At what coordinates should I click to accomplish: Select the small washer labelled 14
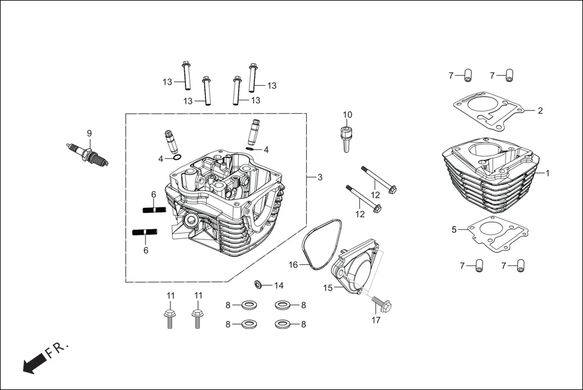point(259,284)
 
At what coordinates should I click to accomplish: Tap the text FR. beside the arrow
point(59,349)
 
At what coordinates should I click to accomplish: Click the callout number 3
point(320,177)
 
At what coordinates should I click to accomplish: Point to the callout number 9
point(89,133)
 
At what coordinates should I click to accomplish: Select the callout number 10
point(347,115)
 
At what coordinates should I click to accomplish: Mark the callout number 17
point(376,320)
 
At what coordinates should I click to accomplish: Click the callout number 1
point(547,173)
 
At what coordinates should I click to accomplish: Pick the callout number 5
point(454,229)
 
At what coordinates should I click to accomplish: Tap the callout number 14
point(279,285)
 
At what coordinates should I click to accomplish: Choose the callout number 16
point(293,265)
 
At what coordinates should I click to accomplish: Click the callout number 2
point(540,111)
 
